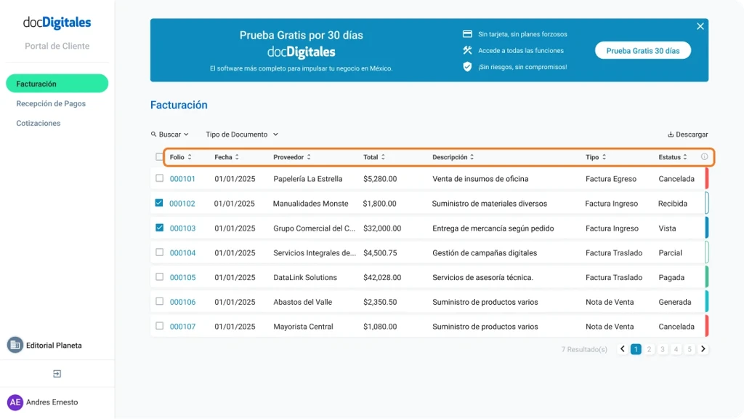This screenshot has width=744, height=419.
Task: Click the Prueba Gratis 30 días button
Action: coord(642,51)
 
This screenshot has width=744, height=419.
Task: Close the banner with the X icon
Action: coord(700,26)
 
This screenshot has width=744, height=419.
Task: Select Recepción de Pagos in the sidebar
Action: coord(51,104)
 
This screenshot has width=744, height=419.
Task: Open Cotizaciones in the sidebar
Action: coord(39,124)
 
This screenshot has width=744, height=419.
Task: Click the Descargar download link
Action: coord(687,135)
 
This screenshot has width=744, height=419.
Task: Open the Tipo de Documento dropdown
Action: coord(241,135)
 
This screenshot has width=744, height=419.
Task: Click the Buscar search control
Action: coord(169,135)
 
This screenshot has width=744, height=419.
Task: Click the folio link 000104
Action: coord(182,253)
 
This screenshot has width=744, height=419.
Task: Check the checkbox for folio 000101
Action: coord(160,178)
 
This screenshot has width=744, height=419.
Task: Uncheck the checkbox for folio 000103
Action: coord(160,228)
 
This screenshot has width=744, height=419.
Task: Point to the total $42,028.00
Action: coord(381,278)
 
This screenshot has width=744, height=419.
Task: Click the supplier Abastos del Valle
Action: coord(302,303)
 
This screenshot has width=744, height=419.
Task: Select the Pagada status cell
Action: coord(671,278)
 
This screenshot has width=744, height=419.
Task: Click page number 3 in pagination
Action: coord(663,349)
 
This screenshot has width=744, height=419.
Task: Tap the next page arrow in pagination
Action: coord(703,349)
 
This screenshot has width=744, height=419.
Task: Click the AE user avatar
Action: coord(15,402)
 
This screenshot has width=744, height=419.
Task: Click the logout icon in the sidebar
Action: coord(57,374)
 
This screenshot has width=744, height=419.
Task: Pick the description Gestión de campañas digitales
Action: coord(485,253)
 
